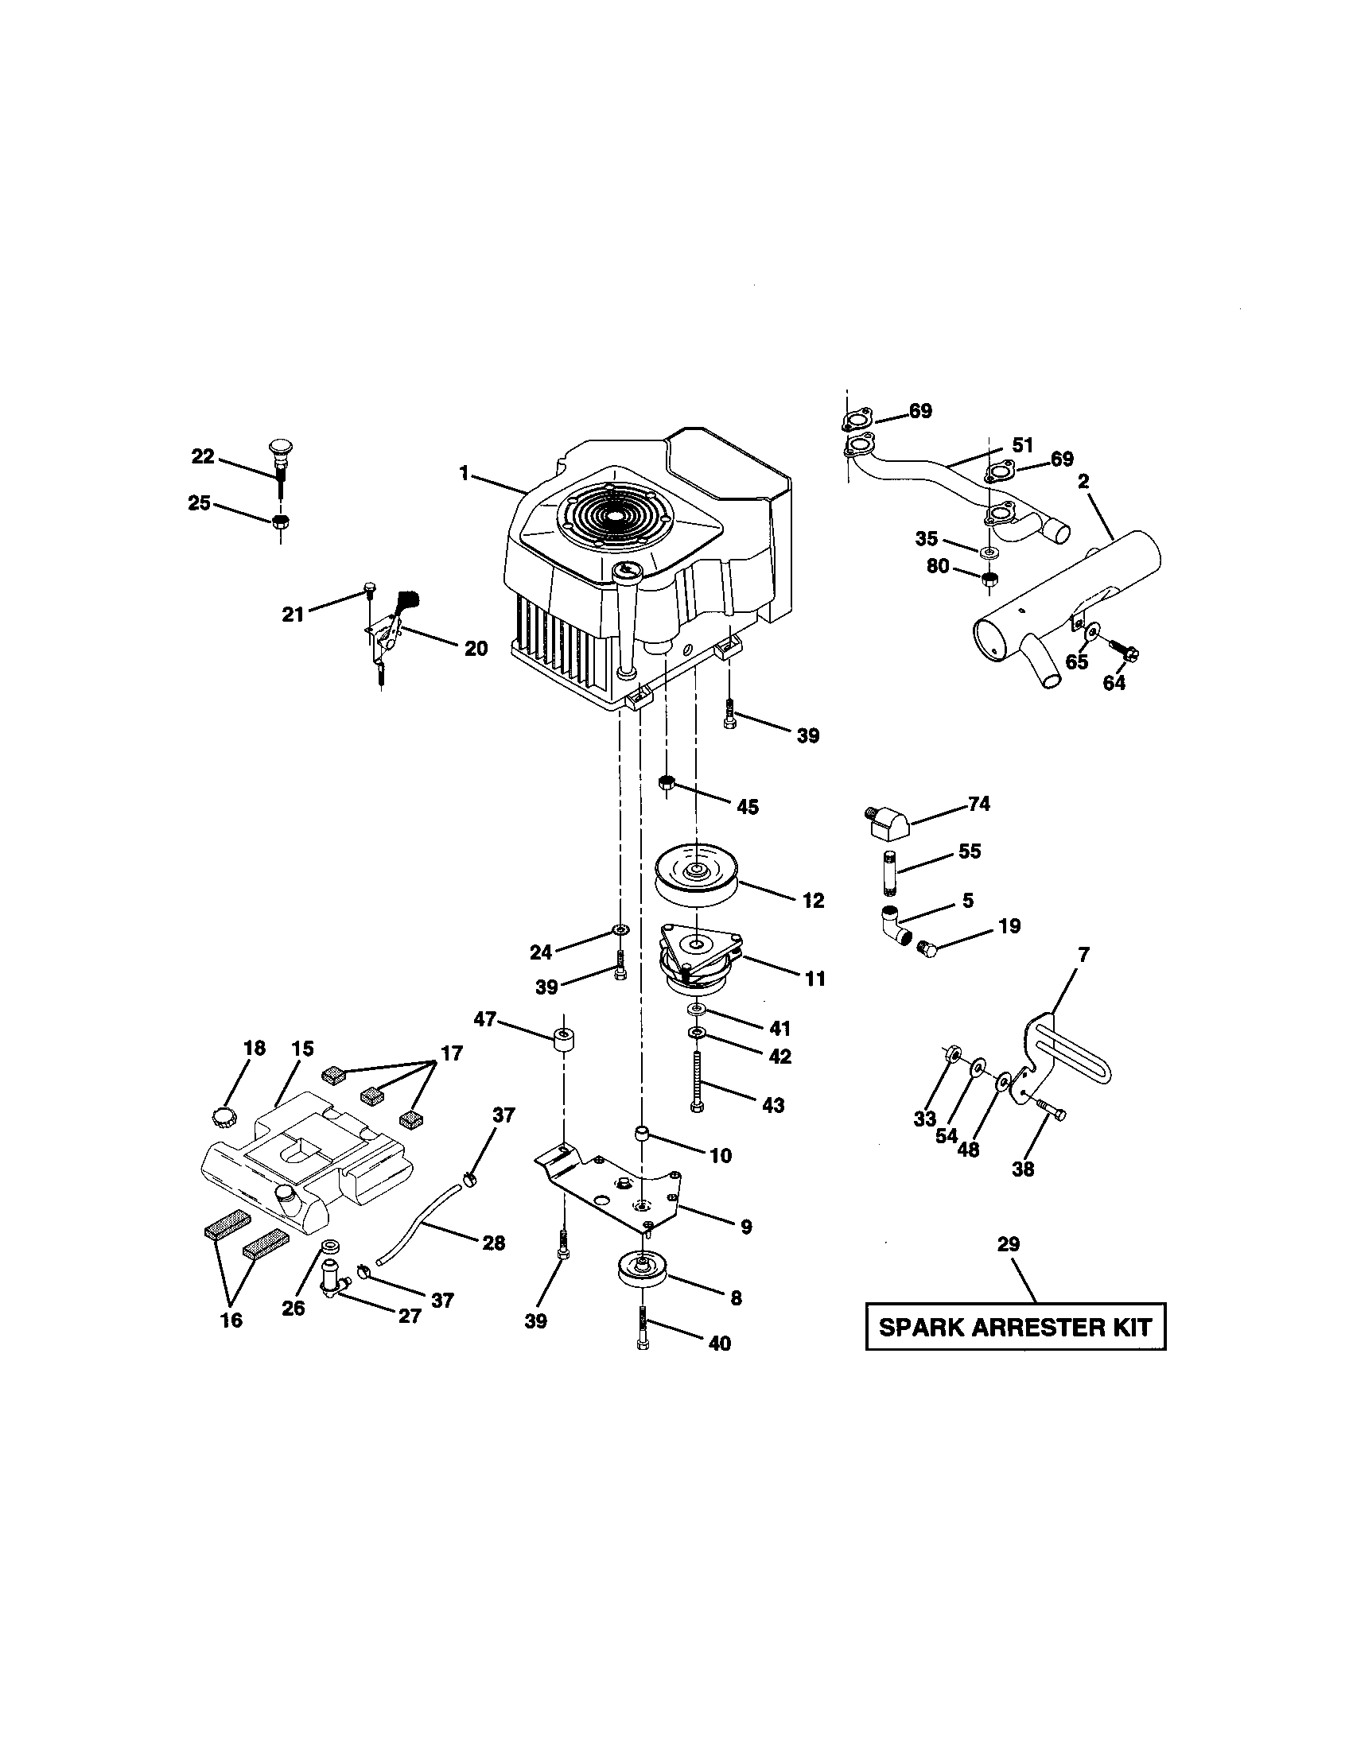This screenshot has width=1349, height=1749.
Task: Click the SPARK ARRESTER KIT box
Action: pos(1015,1327)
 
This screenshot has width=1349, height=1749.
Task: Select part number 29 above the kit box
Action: pos(1008,1243)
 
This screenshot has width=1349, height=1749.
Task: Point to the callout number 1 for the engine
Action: pos(464,473)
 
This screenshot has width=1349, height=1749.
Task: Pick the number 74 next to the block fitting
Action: pos(979,803)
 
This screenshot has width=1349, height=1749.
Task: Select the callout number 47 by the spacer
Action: pos(485,1018)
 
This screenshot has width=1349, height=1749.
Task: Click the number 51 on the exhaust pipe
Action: pos(1023,444)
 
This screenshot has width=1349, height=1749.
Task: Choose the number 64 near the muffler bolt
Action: pos(1114,682)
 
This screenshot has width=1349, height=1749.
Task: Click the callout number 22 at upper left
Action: pos(203,456)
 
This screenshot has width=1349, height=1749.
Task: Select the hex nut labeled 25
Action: pos(280,522)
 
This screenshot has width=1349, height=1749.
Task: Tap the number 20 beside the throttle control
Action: pos(476,648)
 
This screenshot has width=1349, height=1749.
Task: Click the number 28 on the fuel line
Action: pos(493,1242)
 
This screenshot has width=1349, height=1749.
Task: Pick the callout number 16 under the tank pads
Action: pos(231,1320)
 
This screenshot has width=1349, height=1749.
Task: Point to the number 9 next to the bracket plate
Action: pos(746,1226)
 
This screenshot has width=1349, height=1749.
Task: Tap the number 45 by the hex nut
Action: pos(747,806)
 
